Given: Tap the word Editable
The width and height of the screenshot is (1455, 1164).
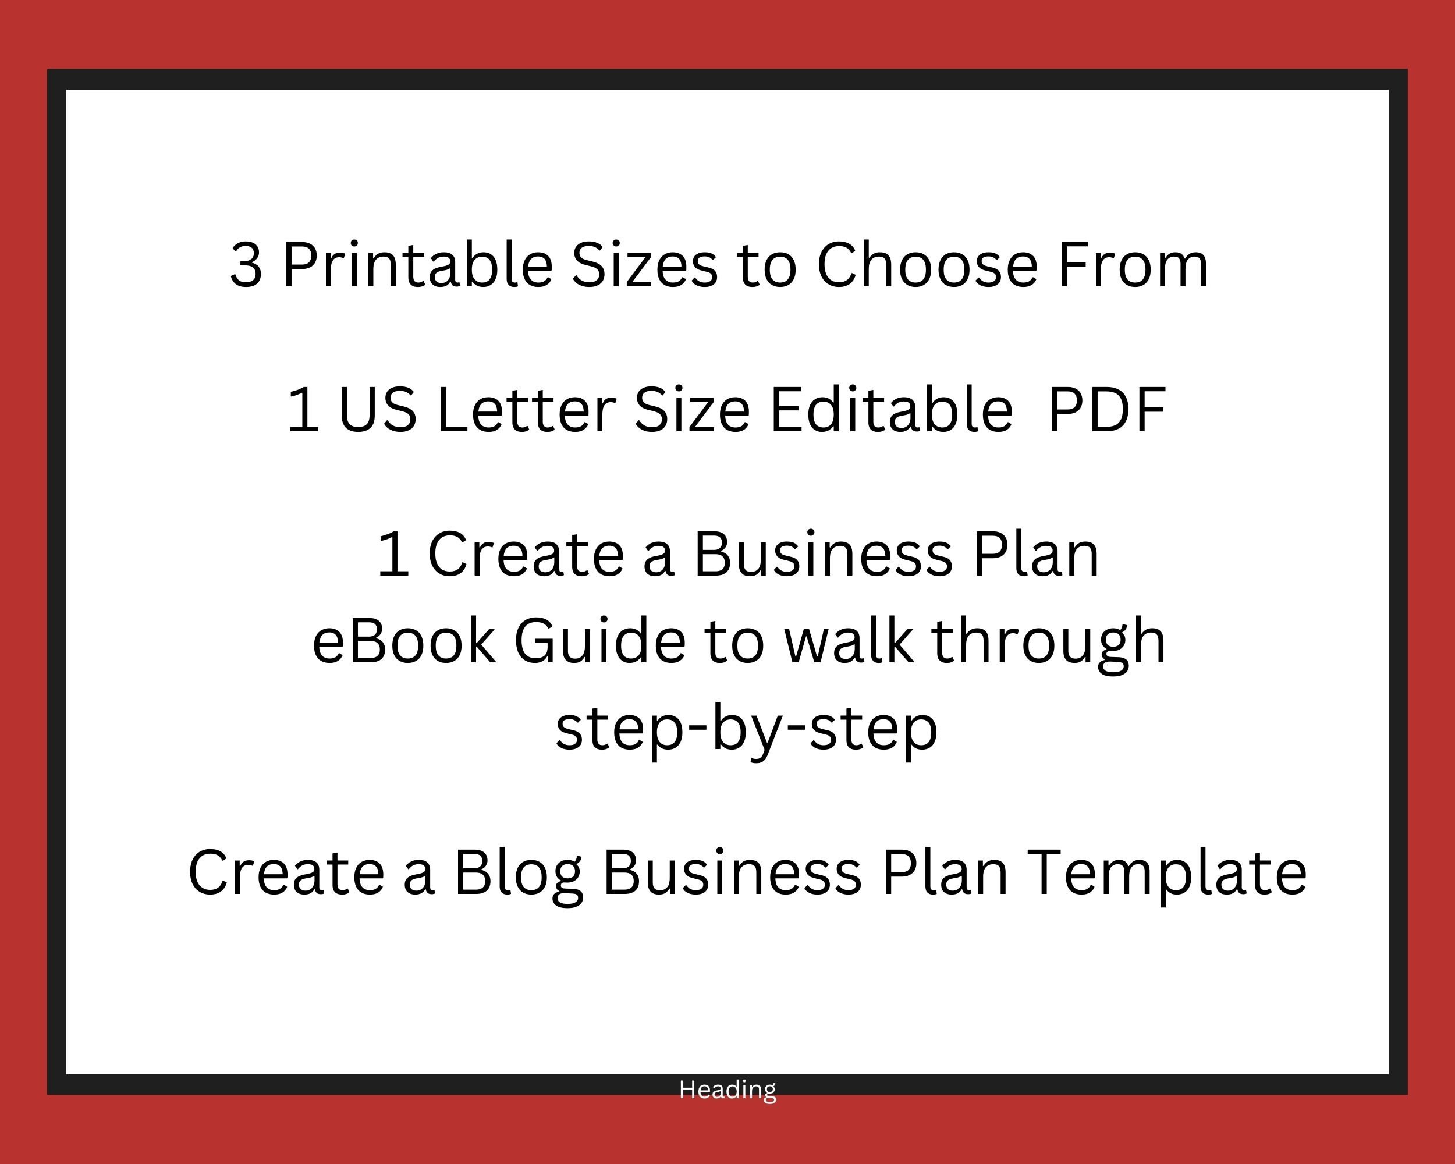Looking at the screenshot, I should click(892, 410).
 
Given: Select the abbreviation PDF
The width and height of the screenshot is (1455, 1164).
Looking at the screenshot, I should click(1108, 410).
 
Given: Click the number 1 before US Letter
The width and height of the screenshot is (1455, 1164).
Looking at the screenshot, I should click(303, 410).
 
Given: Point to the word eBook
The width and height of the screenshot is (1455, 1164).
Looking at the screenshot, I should click(403, 641).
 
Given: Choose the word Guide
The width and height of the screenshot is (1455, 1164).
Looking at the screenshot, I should click(600, 641).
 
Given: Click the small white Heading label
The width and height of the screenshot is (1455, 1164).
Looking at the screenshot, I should click(727, 1089).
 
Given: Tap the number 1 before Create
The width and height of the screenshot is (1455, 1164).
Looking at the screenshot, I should click(393, 554).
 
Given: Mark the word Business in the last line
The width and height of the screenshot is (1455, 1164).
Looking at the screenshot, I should click(732, 872).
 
